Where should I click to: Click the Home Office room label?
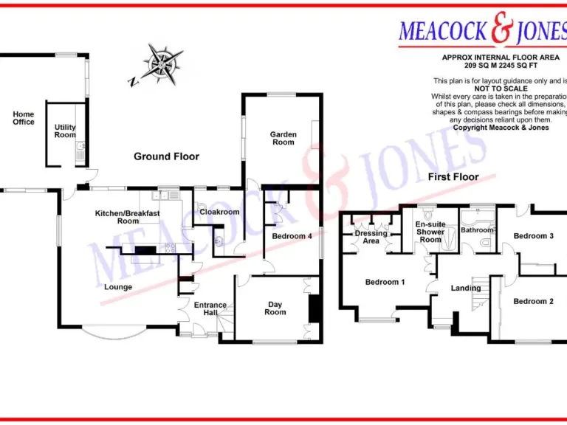point(24,118)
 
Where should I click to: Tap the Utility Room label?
point(65,131)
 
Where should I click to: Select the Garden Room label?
point(283,138)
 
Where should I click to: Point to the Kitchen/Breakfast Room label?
point(127,217)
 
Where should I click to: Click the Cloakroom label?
point(220,212)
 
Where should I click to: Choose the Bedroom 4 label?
point(292,236)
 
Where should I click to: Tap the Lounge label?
point(118,287)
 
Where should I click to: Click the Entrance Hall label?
point(210,308)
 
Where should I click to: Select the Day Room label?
point(275,308)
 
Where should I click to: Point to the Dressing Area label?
point(371,237)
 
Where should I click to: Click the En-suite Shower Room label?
point(430,232)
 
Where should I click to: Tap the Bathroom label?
point(477,230)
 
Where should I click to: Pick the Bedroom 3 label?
point(534,236)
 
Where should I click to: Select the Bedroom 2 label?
point(533,301)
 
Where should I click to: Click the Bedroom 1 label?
point(385,282)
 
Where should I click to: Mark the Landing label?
point(466,288)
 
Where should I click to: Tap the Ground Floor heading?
point(166,156)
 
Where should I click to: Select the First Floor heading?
point(453,177)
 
